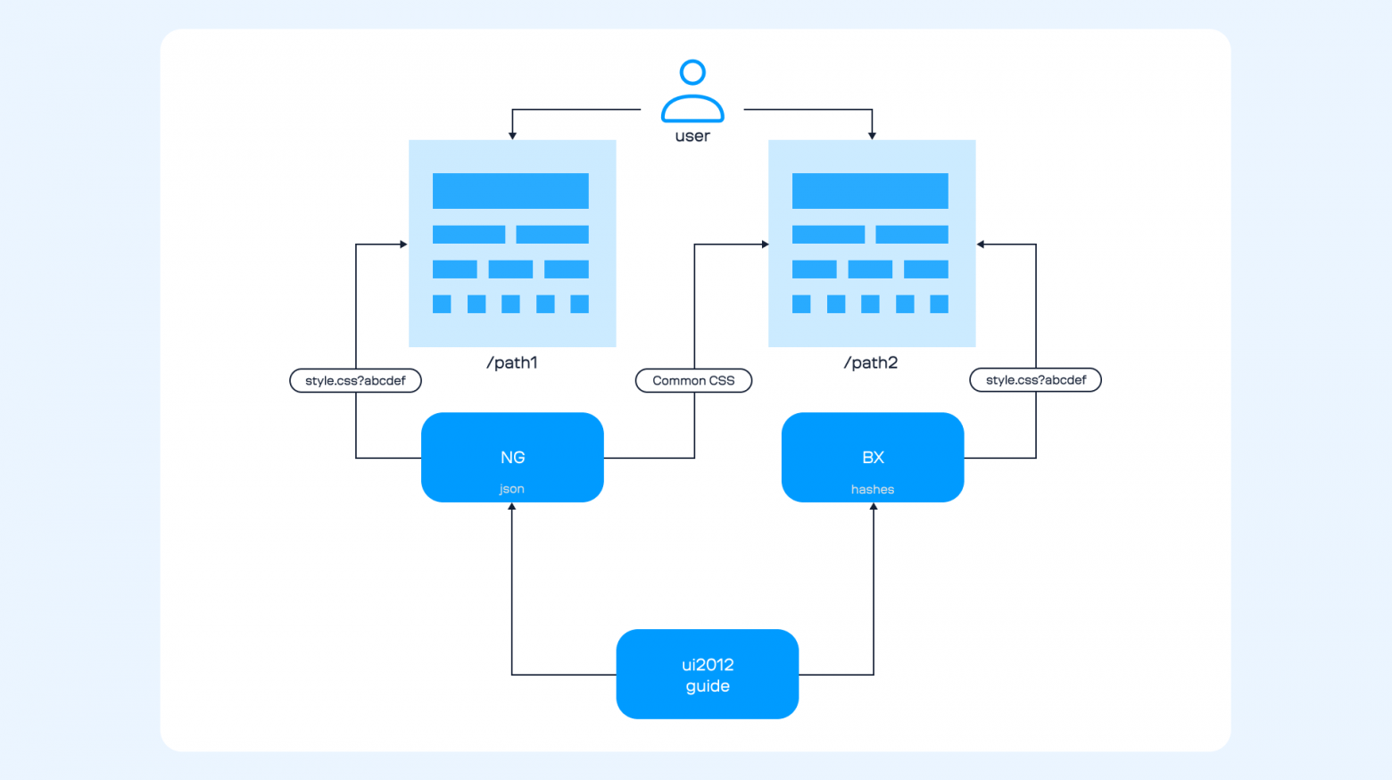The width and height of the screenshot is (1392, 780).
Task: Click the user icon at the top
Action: [692, 91]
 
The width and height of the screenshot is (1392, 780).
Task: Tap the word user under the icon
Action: [692, 137]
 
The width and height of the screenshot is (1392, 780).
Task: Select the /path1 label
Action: [512, 362]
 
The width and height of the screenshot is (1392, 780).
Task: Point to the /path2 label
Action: [871, 362]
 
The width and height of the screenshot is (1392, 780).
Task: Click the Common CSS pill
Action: [693, 381]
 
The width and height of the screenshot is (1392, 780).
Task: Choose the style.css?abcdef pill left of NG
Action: [355, 381]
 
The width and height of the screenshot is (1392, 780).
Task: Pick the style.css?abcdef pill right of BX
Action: [1035, 380]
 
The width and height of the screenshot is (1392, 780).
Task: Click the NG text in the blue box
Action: [512, 458]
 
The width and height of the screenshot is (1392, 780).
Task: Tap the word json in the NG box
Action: [511, 489]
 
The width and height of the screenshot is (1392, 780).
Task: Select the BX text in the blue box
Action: [873, 458]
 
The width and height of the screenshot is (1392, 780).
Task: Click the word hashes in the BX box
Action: [873, 490]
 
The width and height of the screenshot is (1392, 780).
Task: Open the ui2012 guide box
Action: [708, 675]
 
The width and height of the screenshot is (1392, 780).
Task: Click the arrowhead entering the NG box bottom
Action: [512, 507]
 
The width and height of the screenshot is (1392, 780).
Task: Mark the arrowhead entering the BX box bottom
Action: [874, 507]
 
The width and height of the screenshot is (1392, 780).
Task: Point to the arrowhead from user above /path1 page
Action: [512, 136]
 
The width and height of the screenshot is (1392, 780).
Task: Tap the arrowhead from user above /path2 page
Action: [872, 136]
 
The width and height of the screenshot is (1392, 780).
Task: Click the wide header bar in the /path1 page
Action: [510, 191]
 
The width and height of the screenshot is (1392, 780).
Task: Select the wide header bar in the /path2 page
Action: [870, 191]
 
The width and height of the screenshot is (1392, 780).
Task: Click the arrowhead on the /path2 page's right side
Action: [981, 245]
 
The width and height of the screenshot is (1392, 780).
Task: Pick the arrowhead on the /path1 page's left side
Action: [403, 245]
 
